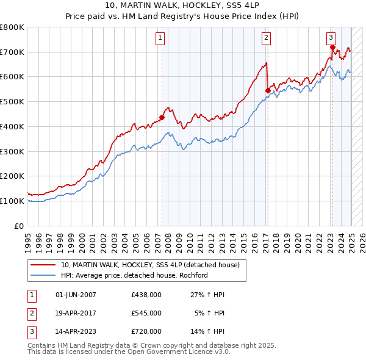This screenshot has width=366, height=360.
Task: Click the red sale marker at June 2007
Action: (x=162, y=117)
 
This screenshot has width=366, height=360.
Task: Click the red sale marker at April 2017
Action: (x=268, y=90)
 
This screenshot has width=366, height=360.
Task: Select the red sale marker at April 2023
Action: (x=332, y=47)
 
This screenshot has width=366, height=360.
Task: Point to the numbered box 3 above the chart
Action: (x=331, y=36)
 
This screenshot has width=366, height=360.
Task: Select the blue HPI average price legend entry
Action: (x=134, y=275)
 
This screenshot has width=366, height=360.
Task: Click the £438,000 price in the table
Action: (x=146, y=295)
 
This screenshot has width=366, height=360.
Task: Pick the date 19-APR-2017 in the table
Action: (x=76, y=313)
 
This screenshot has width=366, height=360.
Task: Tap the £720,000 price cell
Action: (x=146, y=331)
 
